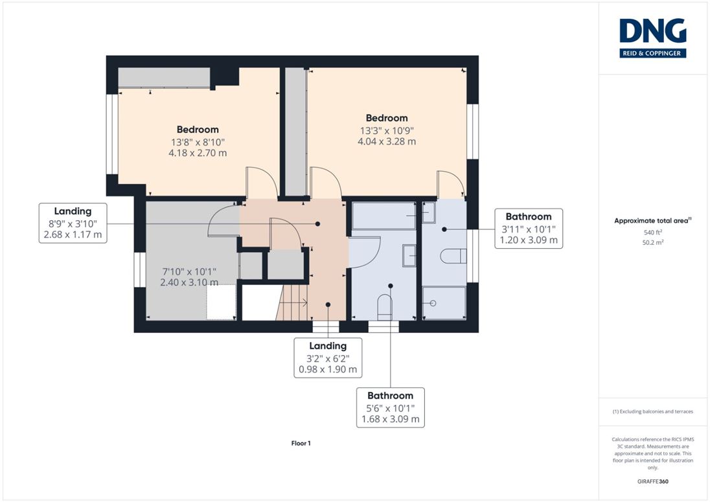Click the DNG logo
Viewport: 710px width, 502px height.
[652, 38]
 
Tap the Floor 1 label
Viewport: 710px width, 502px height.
[301, 443]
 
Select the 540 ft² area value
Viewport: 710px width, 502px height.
[652, 232]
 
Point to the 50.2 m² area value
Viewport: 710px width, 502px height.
[652, 242]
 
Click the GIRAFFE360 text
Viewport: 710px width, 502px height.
[652, 481]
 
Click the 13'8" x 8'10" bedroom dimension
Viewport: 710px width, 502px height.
[198, 142]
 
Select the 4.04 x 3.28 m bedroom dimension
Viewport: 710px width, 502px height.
[387, 141]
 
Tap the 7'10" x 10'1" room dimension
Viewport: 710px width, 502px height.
[189, 271]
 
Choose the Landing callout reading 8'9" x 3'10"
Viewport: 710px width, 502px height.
[73, 223]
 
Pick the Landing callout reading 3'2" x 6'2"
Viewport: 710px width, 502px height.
[328, 358]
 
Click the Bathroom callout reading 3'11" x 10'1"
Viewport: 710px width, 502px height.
[529, 229]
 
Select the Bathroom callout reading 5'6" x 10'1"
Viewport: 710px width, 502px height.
[391, 407]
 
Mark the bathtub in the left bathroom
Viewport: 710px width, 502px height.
[384, 216]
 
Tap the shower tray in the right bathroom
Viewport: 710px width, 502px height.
[444, 303]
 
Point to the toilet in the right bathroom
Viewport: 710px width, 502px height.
[453, 256]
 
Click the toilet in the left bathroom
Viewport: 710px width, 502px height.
[384, 308]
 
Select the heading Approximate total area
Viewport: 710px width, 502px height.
[652, 221]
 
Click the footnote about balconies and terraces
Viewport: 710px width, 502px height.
[652, 411]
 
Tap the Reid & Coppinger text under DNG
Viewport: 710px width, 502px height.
[652, 53]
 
